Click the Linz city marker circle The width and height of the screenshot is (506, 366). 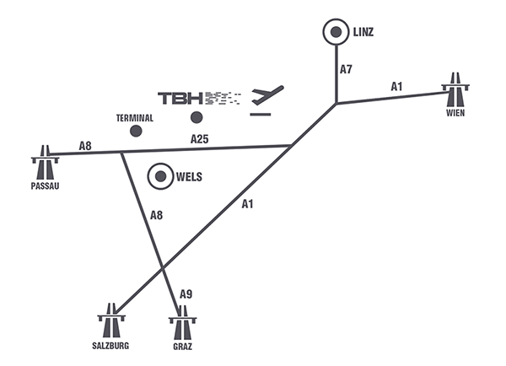336,33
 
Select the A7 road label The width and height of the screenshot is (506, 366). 346,70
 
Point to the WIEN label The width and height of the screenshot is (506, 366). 455,112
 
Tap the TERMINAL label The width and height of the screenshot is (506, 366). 135,118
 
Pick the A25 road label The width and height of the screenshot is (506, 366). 200,138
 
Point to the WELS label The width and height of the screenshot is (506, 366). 191,178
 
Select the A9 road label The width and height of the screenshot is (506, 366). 187,294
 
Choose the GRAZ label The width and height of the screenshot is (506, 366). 180,346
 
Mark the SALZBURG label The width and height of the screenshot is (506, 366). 110,346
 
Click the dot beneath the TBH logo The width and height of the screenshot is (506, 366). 196,117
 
